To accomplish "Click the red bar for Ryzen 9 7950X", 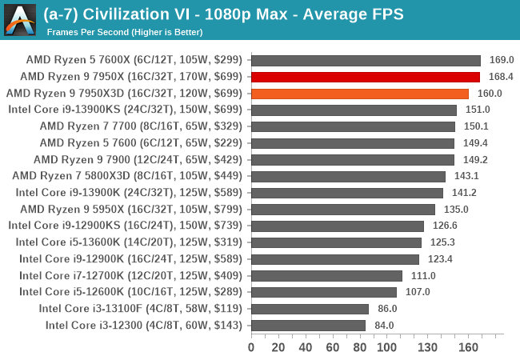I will [x=366, y=77].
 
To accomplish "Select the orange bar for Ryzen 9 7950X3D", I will [x=360, y=94].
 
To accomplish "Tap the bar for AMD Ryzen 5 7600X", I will [x=366, y=60].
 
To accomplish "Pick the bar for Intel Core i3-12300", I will [x=308, y=325].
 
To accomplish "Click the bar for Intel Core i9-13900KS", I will [x=354, y=110].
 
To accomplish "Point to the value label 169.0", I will [x=502, y=60].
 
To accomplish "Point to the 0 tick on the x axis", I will [x=251, y=347].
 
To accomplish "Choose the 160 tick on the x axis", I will [x=468, y=347].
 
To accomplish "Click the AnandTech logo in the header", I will [x=20, y=19].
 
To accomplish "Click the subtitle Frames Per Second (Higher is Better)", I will [x=124, y=32].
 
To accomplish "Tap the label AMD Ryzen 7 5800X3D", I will [x=128, y=176].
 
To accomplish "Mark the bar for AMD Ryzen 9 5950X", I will [x=343, y=209].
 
